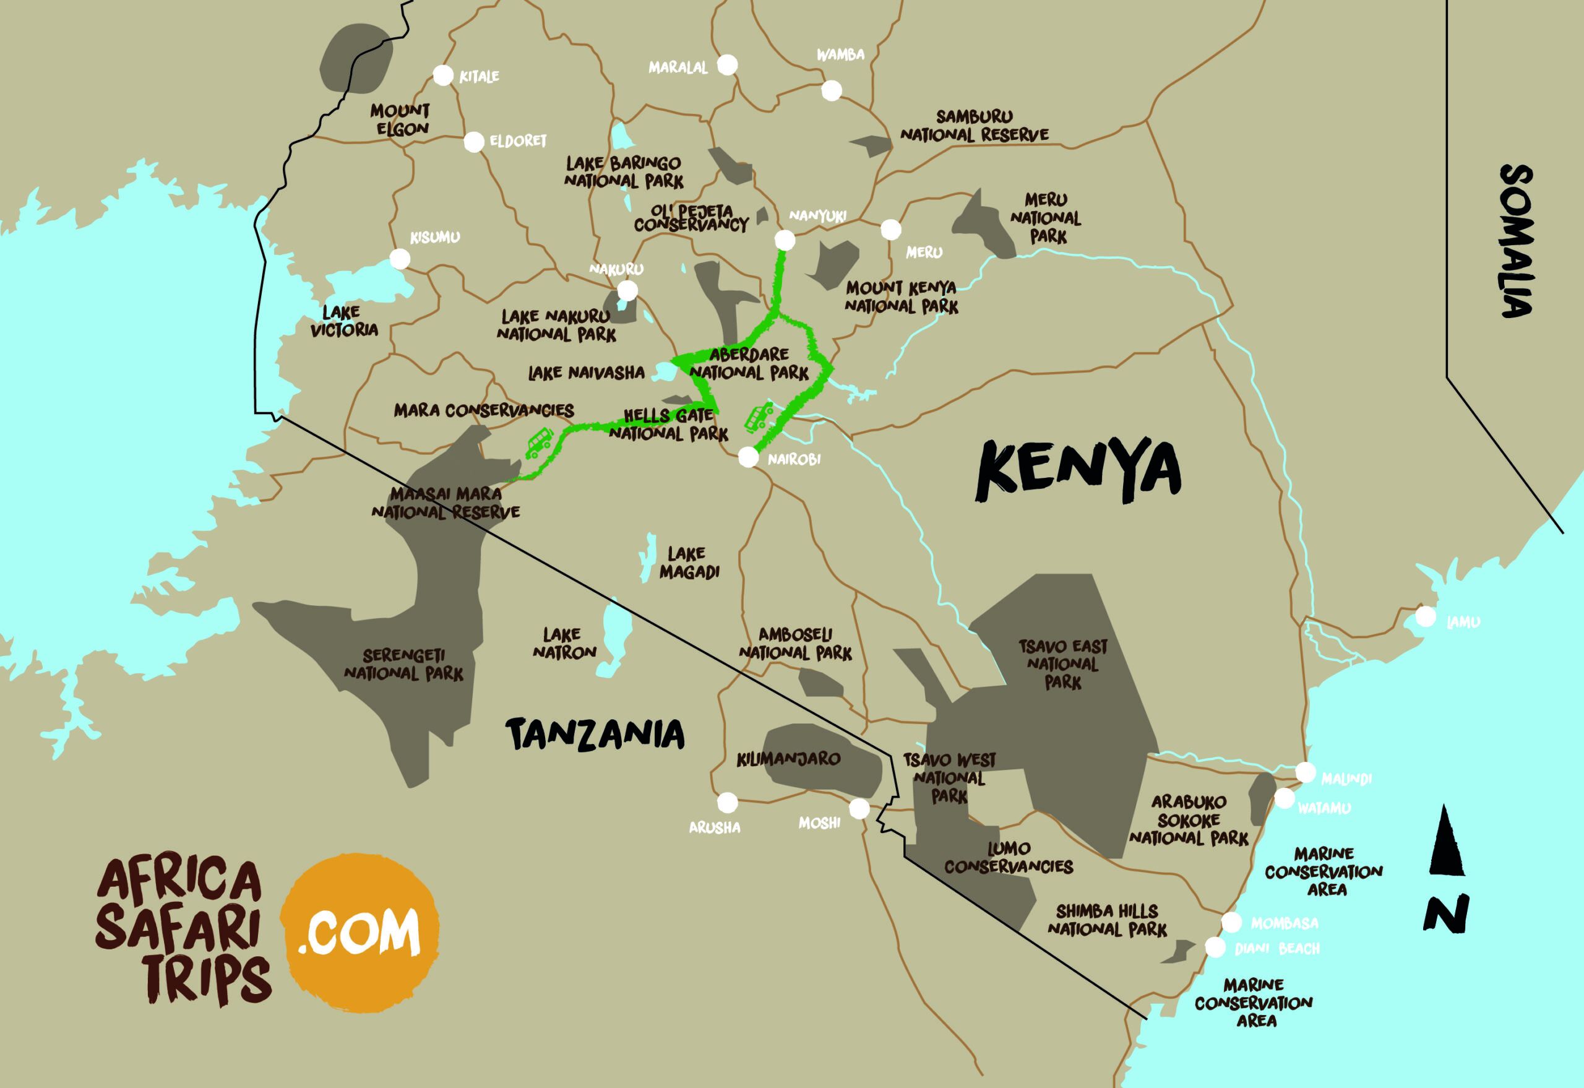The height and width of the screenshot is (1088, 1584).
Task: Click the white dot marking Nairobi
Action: click(747, 457)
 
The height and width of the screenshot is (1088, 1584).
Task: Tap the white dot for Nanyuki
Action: click(785, 240)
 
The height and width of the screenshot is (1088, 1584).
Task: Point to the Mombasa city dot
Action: click(1231, 922)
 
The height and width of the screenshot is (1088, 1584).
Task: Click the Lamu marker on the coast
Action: click(1424, 617)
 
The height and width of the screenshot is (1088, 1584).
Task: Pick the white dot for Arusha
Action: click(727, 802)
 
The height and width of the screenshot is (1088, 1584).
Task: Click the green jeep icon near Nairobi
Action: click(759, 417)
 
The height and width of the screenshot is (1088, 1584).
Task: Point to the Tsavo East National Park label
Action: click(1062, 663)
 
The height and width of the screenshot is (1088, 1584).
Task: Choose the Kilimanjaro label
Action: click(788, 758)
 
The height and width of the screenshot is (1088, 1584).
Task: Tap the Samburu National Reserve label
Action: click(974, 126)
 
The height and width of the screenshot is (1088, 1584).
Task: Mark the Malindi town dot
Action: click(1305, 772)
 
